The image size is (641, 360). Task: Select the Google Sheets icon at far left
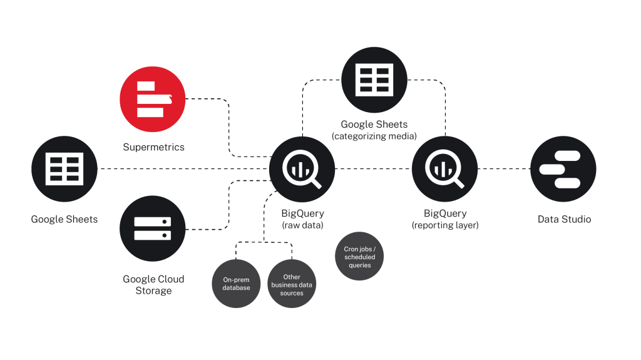point(64,169)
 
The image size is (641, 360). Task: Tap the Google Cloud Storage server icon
point(153,229)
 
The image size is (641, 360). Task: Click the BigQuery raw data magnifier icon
point(302,169)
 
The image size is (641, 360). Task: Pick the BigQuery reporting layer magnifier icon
point(445,169)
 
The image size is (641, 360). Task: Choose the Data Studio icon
point(563,169)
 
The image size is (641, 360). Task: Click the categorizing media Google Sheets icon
point(374,80)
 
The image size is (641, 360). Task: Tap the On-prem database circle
point(237,284)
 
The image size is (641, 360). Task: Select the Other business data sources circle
point(292,284)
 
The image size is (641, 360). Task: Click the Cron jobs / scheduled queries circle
point(360,257)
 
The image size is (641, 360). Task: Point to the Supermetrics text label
point(153,147)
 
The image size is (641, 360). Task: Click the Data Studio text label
point(564,219)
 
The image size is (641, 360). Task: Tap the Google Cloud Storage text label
point(153,285)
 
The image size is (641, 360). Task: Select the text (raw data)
point(302,225)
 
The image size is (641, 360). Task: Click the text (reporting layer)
point(445,225)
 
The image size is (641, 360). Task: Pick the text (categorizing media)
point(374,136)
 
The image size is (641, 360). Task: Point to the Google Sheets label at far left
point(64,219)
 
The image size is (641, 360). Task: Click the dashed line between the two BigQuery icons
point(374,169)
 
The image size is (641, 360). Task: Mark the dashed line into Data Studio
point(504,169)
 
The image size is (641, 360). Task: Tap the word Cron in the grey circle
point(351,249)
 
